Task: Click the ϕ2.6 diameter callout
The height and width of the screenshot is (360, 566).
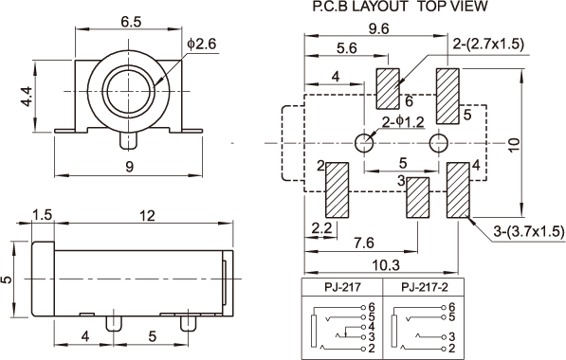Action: coord(201,44)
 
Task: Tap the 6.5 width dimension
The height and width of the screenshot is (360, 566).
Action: coord(131,22)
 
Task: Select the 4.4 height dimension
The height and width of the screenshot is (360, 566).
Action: coord(27,97)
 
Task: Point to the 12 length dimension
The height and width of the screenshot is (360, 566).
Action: coord(147,216)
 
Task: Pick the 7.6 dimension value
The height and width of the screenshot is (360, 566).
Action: coord(363,243)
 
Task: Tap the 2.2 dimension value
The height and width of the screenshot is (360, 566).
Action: coord(321,228)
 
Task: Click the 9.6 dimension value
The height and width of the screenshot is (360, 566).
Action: coord(378,28)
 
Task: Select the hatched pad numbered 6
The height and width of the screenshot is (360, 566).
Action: coord(388,89)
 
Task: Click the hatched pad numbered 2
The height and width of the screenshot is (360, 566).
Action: coord(338,190)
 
